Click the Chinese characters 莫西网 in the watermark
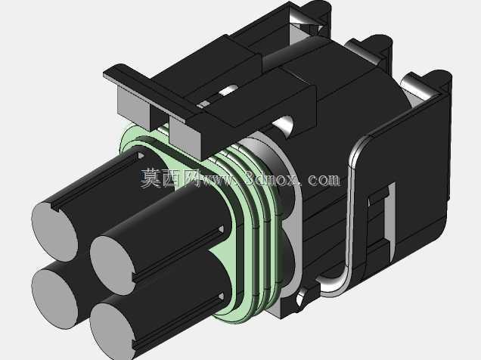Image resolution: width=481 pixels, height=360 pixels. (x=170, y=178)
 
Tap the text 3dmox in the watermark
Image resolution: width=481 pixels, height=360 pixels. (x=272, y=178)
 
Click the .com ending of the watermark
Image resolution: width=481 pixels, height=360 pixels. (x=321, y=179)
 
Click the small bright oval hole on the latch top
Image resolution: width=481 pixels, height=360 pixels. (x=229, y=91)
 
